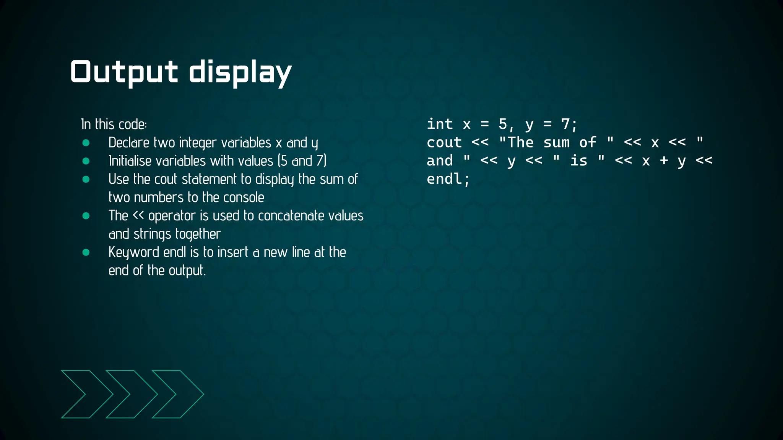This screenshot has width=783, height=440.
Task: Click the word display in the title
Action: (x=240, y=73)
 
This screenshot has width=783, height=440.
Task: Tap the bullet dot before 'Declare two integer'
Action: (x=86, y=143)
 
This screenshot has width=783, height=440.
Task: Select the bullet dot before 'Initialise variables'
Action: (x=86, y=161)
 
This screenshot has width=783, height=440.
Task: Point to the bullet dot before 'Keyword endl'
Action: (x=86, y=252)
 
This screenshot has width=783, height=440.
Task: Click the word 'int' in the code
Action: (x=440, y=124)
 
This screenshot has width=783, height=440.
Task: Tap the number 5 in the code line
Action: (x=503, y=124)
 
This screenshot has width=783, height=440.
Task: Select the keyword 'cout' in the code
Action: (x=444, y=142)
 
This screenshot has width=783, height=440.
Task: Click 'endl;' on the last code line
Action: (x=448, y=179)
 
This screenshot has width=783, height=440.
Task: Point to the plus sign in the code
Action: (x=664, y=160)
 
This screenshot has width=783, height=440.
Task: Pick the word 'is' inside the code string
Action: (x=578, y=160)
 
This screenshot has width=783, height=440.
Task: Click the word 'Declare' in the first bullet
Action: (x=129, y=143)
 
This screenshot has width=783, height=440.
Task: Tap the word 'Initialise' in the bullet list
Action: (x=130, y=161)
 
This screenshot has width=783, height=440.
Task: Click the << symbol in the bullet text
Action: (x=138, y=216)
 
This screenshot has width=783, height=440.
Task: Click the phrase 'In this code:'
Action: (x=114, y=125)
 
